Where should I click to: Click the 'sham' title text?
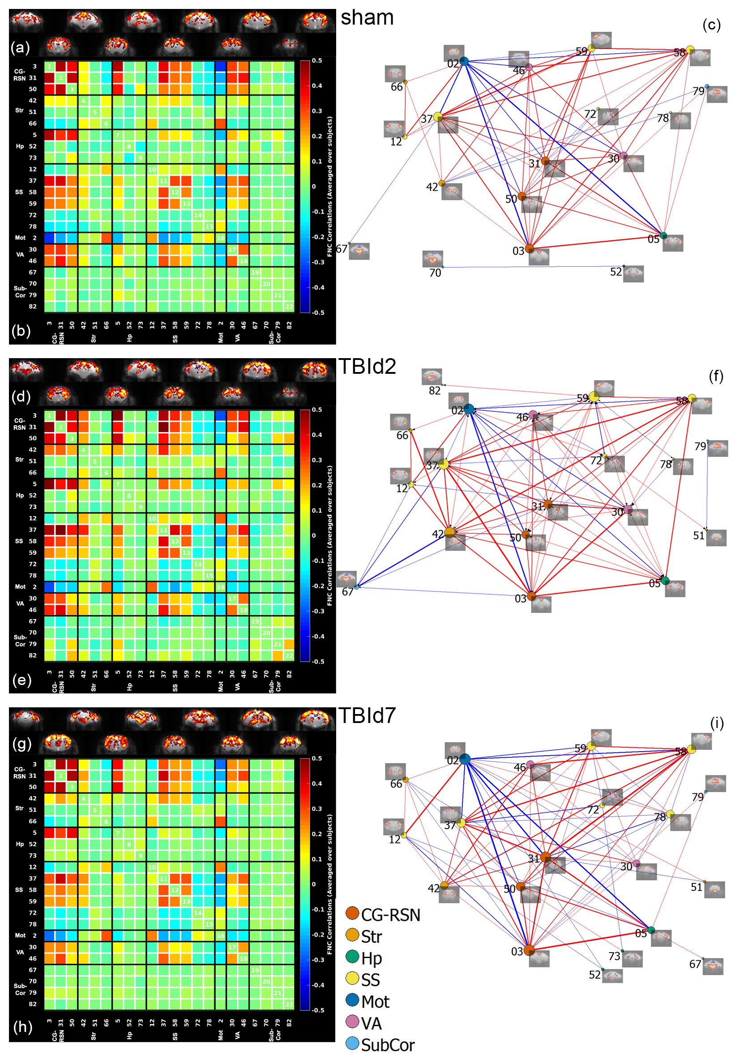(367, 18)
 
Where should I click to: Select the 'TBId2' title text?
(367, 367)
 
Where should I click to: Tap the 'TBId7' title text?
(367, 715)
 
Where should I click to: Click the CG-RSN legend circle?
(352, 913)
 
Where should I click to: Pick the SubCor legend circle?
(352, 1044)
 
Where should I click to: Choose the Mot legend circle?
(352, 1000)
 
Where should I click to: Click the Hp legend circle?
(352, 956)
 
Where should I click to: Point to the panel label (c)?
(711, 25)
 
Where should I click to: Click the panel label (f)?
(716, 376)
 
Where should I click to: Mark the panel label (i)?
(717, 723)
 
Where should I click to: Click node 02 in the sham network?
(464, 61)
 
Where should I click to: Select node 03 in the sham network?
(529, 249)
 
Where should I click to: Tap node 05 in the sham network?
(663, 236)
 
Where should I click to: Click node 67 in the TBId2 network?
(357, 587)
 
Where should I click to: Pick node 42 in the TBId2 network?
(449, 533)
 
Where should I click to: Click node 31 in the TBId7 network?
(546, 857)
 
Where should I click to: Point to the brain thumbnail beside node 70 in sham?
(432, 258)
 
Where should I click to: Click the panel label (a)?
(21, 47)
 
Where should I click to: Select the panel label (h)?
(22, 1027)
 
